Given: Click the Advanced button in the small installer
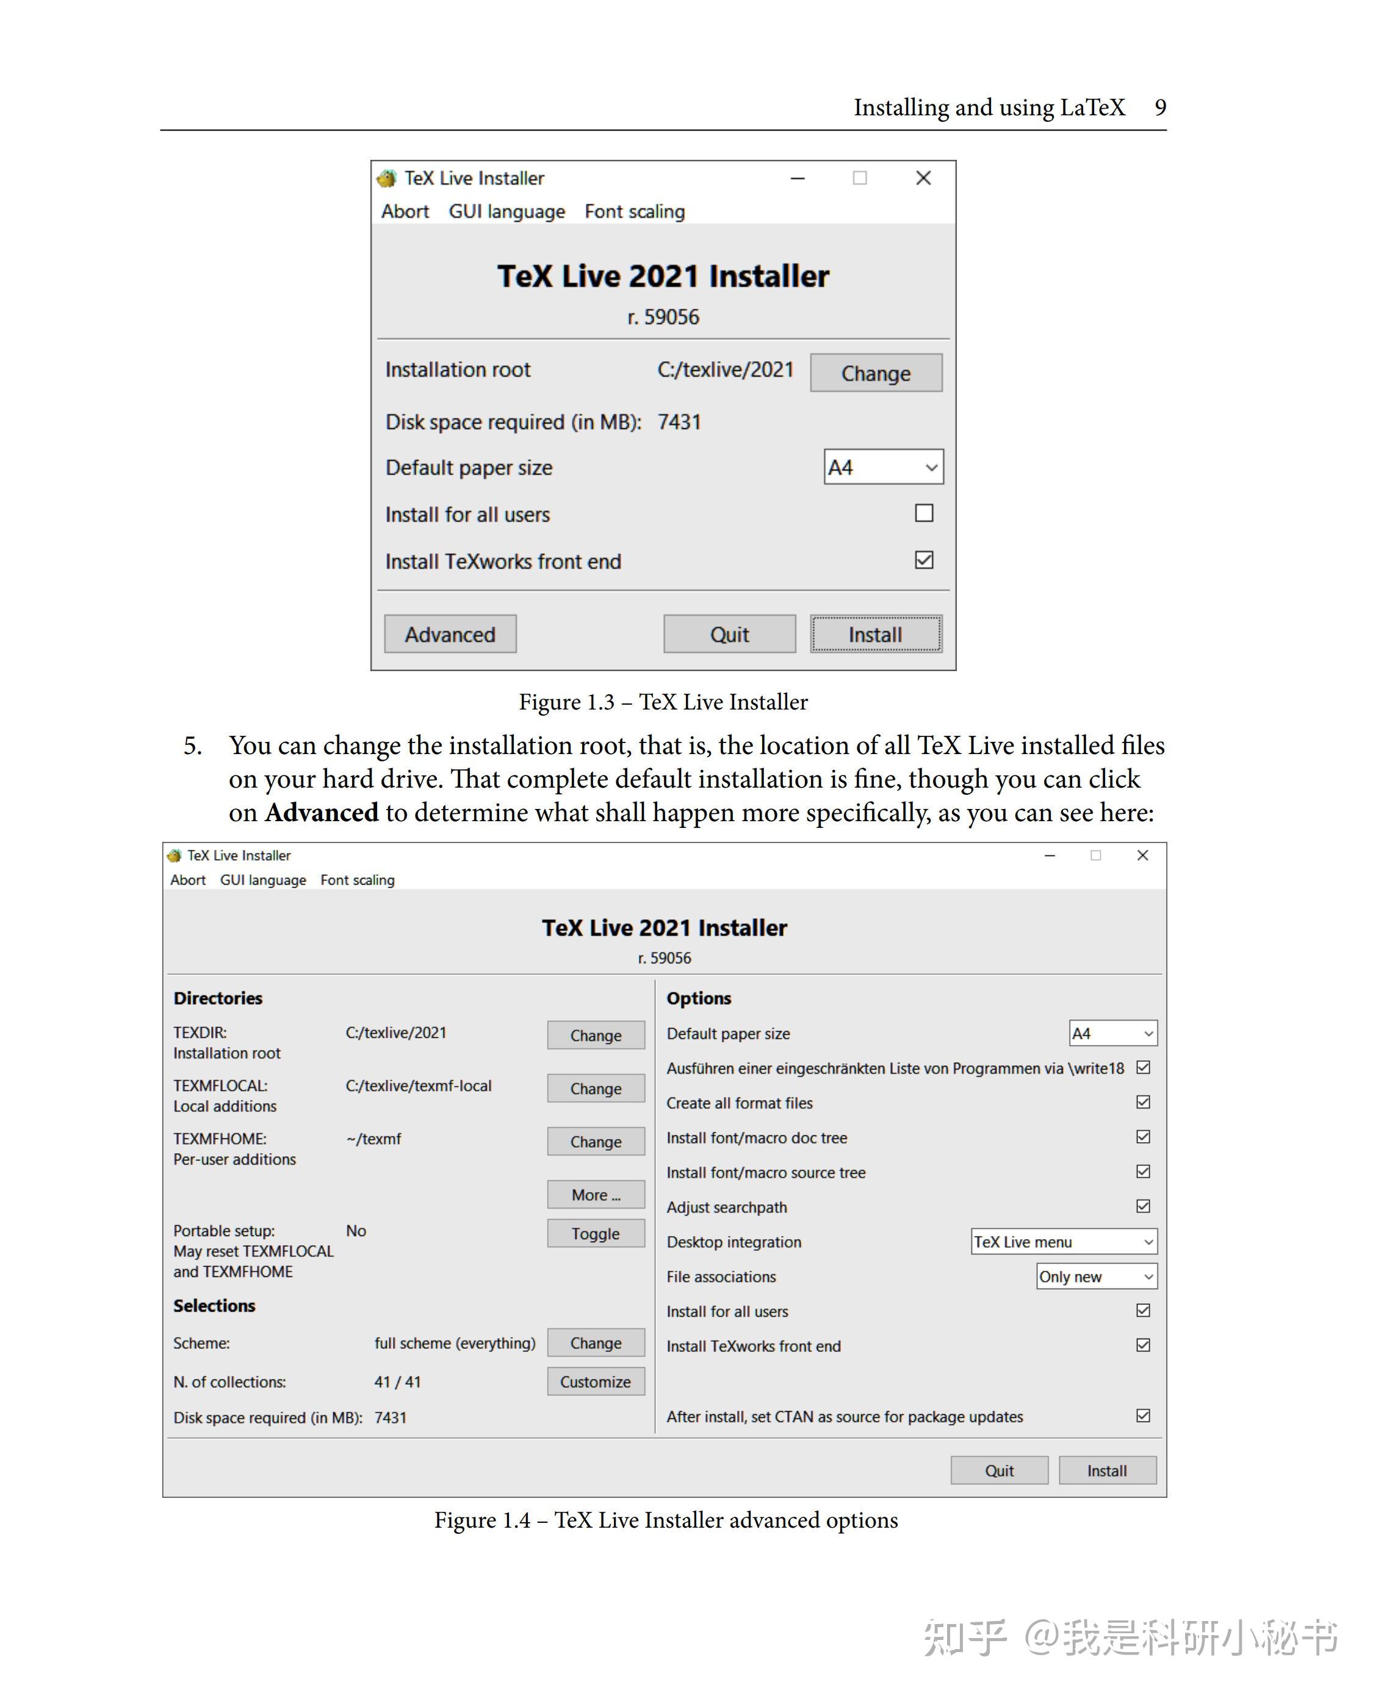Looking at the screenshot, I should tap(450, 634).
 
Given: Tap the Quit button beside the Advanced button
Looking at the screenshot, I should tap(729, 634).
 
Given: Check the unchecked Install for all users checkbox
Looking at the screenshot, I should tap(924, 513).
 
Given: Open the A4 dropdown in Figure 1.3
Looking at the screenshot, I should tap(884, 467).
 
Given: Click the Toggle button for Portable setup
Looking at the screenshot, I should tap(596, 1234).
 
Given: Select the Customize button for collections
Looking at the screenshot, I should tap(596, 1381).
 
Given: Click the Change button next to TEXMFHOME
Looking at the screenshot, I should tap(596, 1141).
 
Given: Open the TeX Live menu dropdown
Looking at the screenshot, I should tap(1064, 1242).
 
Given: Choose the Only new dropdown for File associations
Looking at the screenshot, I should tap(1096, 1276).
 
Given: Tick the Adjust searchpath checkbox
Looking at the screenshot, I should tap(1143, 1206).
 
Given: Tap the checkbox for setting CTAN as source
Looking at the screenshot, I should tap(1143, 1415).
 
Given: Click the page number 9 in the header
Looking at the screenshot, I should tap(1160, 107).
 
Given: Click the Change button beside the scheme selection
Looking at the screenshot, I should tap(596, 1343).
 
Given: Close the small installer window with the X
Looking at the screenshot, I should tap(923, 178).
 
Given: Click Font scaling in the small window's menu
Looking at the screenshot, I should tap(634, 212).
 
